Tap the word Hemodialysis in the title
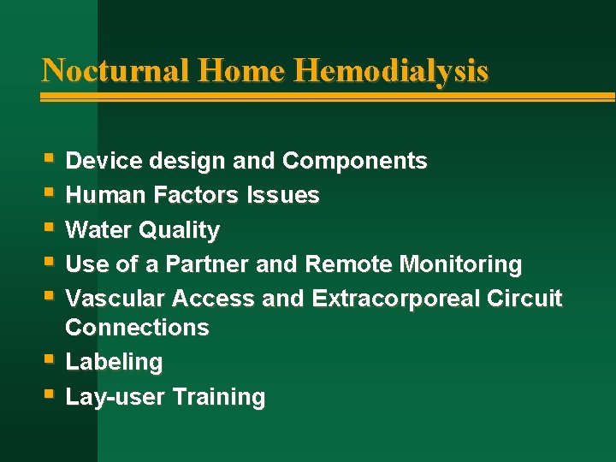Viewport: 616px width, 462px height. click(x=391, y=69)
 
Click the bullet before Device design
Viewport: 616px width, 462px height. click(x=50, y=158)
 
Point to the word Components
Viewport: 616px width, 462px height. click(x=354, y=161)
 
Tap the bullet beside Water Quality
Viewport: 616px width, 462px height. click(x=50, y=228)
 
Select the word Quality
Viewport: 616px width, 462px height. click(x=181, y=231)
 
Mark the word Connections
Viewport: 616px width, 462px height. click(x=137, y=328)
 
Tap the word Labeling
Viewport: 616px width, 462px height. click(x=114, y=363)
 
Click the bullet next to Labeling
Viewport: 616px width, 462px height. click(x=50, y=360)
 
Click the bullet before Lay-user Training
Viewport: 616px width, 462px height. click(x=50, y=395)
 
